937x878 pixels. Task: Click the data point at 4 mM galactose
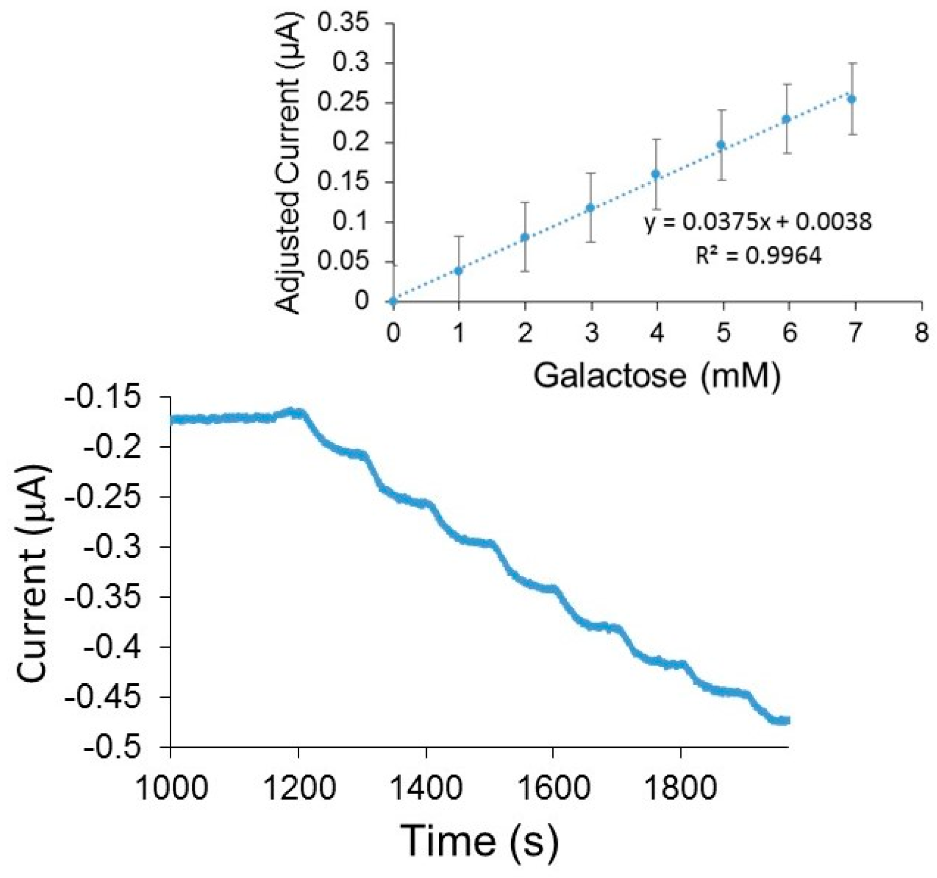click(656, 174)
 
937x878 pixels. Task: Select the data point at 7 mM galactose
click(852, 99)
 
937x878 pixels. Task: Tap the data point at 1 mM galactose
click(458, 271)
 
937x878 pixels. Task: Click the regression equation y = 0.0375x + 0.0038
click(759, 221)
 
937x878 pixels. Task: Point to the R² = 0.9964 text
click(759, 256)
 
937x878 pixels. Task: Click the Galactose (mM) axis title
click(657, 375)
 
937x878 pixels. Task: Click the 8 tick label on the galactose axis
click(921, 332)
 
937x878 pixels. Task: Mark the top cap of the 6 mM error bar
click(787, 84)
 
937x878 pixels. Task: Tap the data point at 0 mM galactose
click(393, 301)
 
